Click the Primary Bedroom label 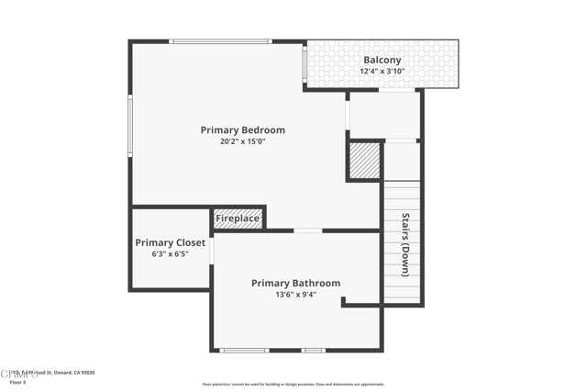[x=242, y=130]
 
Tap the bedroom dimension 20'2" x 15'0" [x=242, y=142]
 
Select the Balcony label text [x=382, y=60]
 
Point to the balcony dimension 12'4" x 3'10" [x=382, y=71]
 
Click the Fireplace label [x=238, y=218]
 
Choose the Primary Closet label [x=170, y=243]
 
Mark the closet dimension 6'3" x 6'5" [x=170, y=254]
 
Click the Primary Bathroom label [x=295, y=284]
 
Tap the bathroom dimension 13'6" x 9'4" [x=295, y=295]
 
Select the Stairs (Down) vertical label [x=404, y=244]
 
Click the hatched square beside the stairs [x=364, y=161]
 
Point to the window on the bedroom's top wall [x=220, y=41]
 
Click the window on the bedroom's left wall [x=130, y=126]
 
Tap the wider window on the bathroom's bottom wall [x=245, y=350]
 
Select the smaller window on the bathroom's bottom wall [x=314, y=350]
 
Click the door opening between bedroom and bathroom [x=307, y=230]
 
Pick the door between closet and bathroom [x=212, y=251]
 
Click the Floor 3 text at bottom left [x=18, y=382]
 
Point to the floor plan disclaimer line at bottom [x=293, y=385]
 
